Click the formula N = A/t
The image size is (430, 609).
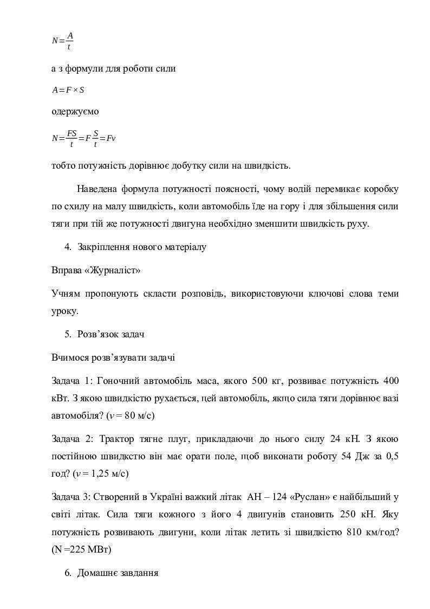click(x=63, y=41)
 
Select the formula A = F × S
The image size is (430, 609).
click(x=68, y=90)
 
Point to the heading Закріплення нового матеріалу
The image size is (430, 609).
click(x=142, y=247)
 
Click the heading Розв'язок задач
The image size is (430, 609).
click(x=111, y=334)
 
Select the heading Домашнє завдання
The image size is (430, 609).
click(x=118, y=572)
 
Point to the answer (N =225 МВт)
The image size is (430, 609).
click(x=82, y=549)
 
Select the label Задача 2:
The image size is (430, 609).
click(x=74, y=439)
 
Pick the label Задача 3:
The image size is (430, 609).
click(x=74, y=496)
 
